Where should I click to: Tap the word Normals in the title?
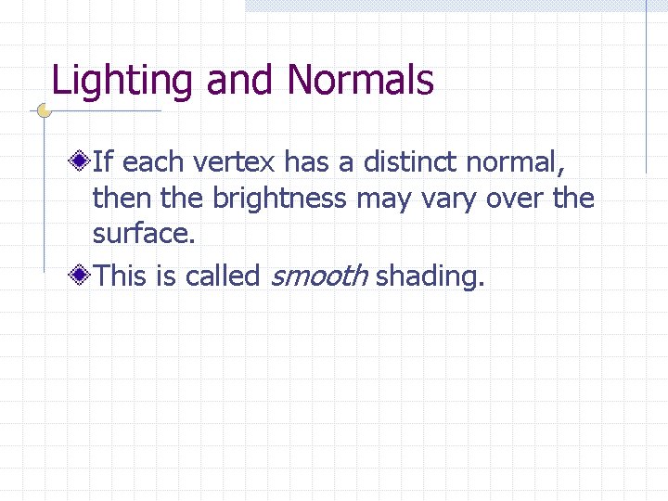pyautogui.click(x=360, y=81)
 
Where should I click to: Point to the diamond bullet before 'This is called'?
pyautogui.click(x=83, y=276)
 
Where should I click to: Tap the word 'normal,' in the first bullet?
pyautogui.click(x=515, y=163)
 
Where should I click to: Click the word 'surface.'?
pyautogui.click(x=144, y=234)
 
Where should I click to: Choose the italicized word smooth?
pyautogui.click(x=319, y=276)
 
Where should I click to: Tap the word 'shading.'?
pyautogui.click(x=430, y=276)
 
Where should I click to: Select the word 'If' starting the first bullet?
pyautogui.click(x=103, y=163)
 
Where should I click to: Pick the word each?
pyautogui.click(x=154, y=163)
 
